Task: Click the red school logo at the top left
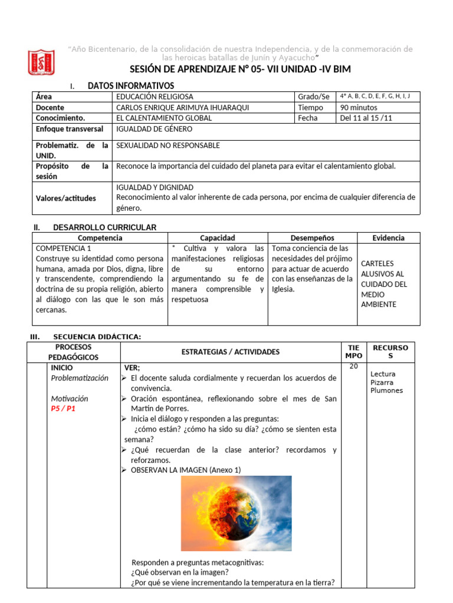(x=41, y=62)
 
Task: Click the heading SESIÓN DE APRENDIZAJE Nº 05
(x=240, y=69)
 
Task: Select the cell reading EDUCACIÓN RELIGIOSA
(x=155, y=97)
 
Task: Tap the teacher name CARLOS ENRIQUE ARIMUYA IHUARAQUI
(x=184, y=108)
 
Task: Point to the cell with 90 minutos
(x=359, y=108)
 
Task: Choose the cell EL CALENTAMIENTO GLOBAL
(x=164, y=118)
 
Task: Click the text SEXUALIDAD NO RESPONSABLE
(x=168, y=145)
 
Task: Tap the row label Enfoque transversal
(x=69, y=129)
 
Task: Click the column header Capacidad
(x=217, y=238)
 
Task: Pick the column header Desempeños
(x=312, y=238)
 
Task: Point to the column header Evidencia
(x=388, y=238)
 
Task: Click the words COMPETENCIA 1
(x=63, y=249)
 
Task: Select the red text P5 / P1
(x=63, y=409)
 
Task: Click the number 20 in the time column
(x=353, y=366)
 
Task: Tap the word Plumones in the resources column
(x=386, y=390)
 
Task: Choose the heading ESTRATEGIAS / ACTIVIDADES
(x=231, y=352)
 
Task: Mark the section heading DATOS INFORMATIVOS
(x=130, y=86)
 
